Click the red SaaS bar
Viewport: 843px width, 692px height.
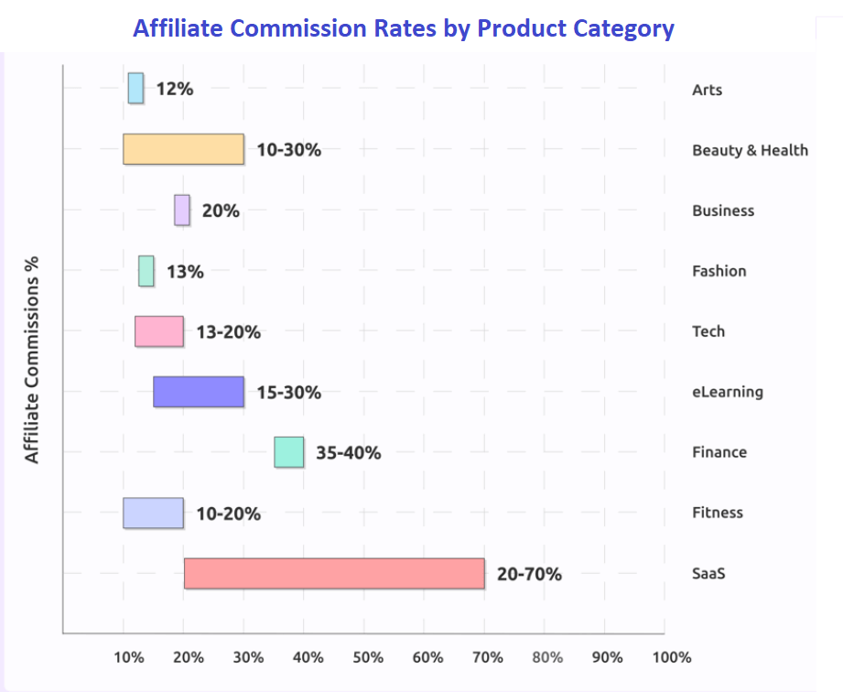[x=334, y=573]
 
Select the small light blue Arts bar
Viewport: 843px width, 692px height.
[x=135, y=88]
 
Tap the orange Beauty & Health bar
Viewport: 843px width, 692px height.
[x=183, y=149]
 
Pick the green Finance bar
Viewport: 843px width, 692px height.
[x=289, y=452]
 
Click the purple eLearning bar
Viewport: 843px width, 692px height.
[x=199, y=392]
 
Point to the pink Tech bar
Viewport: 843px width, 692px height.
[x=159, y=331]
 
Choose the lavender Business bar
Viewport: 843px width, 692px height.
[x=182, y=210]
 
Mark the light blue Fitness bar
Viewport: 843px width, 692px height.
[x=153, y=513]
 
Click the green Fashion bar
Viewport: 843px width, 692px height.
[x=146, y=271]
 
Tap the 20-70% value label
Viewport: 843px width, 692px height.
[x=529, y=574]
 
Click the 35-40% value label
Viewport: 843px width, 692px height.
[x=349, y=452]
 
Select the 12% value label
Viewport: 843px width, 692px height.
[x=175, y=89]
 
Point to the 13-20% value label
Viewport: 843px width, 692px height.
[x=229, y=331]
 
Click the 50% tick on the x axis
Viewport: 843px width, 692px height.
[x=367, y=657]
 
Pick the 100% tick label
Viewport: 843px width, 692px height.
[x=672, y=657]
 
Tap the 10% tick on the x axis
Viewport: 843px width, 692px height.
[x=128, y=657]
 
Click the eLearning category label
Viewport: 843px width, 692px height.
[x=728, y=392]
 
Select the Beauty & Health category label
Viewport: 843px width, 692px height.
[x=750, y=149]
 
